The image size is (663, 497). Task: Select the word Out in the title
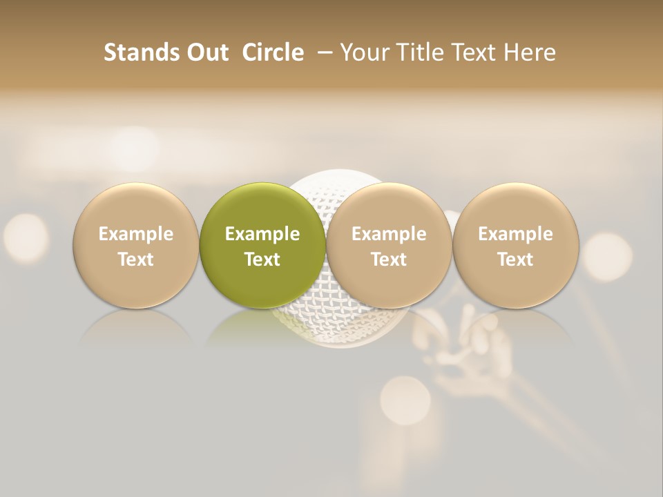[x=206, y=52]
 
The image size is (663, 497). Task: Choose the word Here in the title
[x=530, y=52]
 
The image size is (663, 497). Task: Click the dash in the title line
[x=323, y=52]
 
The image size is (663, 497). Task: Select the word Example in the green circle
[x=262, y=234]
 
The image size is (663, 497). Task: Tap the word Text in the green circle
[x=262, y=260]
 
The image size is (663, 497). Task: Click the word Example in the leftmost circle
[x=135, y=234]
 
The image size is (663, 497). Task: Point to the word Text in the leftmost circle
[x=135, y=260]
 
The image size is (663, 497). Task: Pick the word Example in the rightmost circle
[x=515, y=234]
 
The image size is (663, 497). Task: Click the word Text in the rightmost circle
[x=515, y=260]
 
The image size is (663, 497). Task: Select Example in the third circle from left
[x=389, y=234]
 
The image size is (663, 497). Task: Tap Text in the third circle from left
[x=389, y=260]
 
